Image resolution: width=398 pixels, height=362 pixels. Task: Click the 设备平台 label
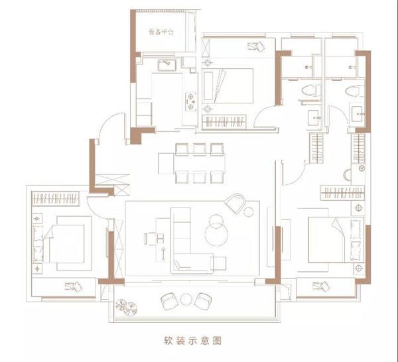[x=161, y=32]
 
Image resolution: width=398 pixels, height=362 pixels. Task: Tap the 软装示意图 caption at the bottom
[x=192, y=340]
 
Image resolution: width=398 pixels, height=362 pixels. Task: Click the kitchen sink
[x=166, y=65]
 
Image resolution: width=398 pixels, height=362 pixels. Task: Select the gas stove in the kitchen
[x=190, y=101]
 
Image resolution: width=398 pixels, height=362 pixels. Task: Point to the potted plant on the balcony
[x=127, y=308]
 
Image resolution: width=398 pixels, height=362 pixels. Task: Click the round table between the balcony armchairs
[x=186, y=299]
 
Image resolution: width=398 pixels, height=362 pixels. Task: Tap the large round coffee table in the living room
[x=216, y=234]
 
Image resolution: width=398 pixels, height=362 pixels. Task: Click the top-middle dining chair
[x=199, y=149]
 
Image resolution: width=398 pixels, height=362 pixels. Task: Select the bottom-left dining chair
[x=182, y=177]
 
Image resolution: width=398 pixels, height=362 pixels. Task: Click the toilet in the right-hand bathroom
[x=355, y=91]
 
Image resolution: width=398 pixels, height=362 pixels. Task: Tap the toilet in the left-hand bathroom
[x=311, y=90]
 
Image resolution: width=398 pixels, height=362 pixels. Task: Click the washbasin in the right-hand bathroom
[x=358, y=114]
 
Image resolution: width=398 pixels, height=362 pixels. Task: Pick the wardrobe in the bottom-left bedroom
[x=56, y=198]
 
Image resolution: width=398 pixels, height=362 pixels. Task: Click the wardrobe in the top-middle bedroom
[x=224, y=122]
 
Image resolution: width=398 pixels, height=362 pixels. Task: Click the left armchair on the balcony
[x=170, y=302]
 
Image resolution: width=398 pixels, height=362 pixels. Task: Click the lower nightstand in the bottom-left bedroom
[x=37, y=269]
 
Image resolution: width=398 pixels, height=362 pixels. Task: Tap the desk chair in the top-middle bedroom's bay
[x=256, y=46]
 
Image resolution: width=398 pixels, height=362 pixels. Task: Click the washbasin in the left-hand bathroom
[x=314, y=118]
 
